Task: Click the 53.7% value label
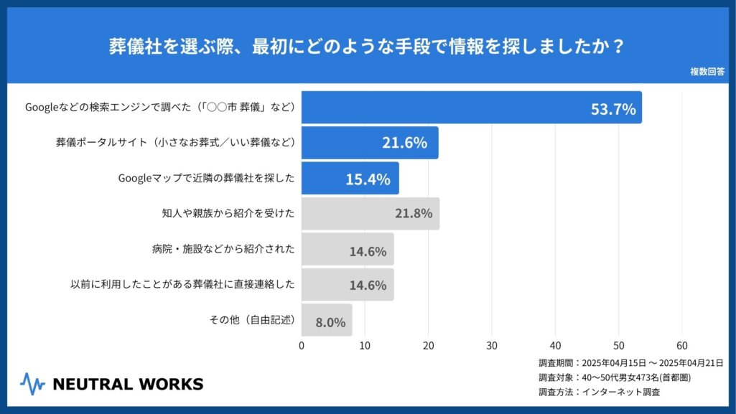(613, 109)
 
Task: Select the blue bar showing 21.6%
(370, 143)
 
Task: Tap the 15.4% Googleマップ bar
(350, 179)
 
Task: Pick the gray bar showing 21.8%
(370, 214)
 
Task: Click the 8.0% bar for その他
(327, 320)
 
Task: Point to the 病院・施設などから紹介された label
(223, 250)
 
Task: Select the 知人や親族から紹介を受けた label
(228, 214)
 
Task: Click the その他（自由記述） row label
(252, 320)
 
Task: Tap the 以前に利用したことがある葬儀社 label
(182, 285)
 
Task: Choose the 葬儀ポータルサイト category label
(176, 143)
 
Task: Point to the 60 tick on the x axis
(682, 345)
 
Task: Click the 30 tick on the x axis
(492, 345)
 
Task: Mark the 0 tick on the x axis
(302, 345)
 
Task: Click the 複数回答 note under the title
(707, 72)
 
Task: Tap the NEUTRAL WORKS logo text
(128, 384)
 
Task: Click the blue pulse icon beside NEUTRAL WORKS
(32, 384)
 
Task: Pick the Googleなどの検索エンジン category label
(160, 108)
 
